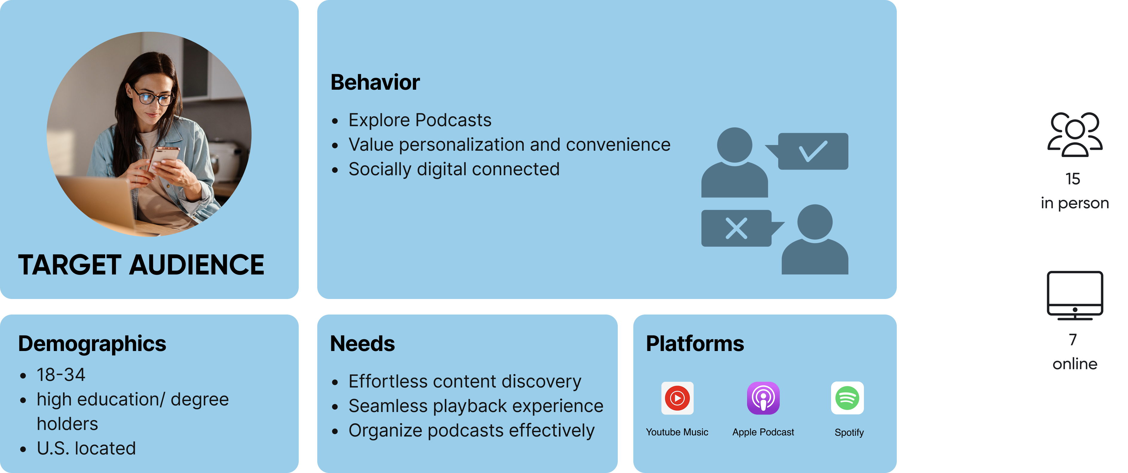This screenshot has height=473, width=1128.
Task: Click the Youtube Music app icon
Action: coord(677,398)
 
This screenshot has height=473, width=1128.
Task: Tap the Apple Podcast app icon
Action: coord(763,398)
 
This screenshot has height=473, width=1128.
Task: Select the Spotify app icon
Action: coord(847,398)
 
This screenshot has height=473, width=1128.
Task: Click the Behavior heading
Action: coord(375,83)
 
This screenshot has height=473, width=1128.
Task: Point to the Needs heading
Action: coord(363,344)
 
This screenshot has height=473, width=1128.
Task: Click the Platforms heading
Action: coord(695,344)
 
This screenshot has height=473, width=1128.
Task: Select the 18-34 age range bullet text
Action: coord(61,375)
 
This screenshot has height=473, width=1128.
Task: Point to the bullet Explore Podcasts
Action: coord(420,120)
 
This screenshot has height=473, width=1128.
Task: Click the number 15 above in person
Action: coord(1073,179)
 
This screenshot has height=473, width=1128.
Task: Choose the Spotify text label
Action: coord(849,433)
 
